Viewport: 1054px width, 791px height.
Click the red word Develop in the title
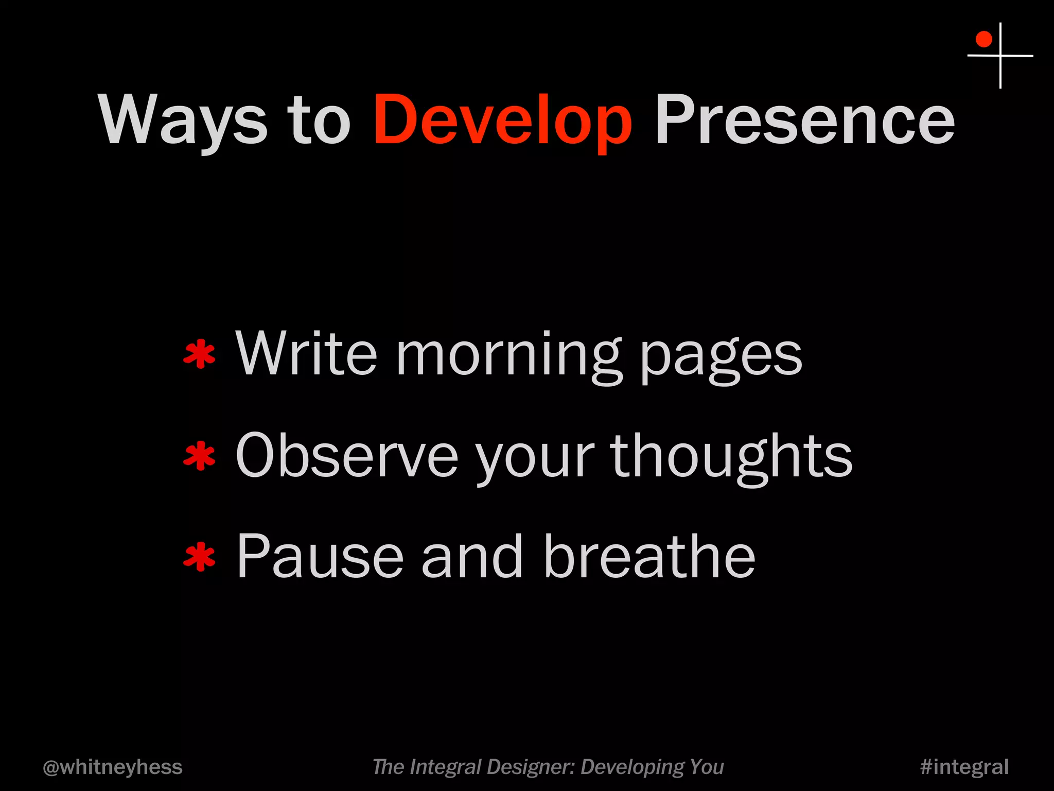tap(502, 119)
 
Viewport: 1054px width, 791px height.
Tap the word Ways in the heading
tap(183, 119)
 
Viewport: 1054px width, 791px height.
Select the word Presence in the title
tap(804, 119)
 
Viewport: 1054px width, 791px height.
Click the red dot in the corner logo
tap(983, 39)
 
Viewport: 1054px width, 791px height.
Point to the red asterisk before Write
tap(199, 355)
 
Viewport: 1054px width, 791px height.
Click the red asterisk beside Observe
tap(199, 457)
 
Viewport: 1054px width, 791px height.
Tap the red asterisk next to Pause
tap(199, 558)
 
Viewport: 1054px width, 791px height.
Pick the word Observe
tap(346, 456)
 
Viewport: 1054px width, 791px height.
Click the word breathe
tap(649, 557)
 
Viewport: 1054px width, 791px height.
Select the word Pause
tap(320, 557)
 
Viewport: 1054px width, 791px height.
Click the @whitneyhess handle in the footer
tap(112, 767)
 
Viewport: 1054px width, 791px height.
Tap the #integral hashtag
tap(964, 767)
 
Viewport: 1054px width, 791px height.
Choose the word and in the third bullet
tap(472, 557)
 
